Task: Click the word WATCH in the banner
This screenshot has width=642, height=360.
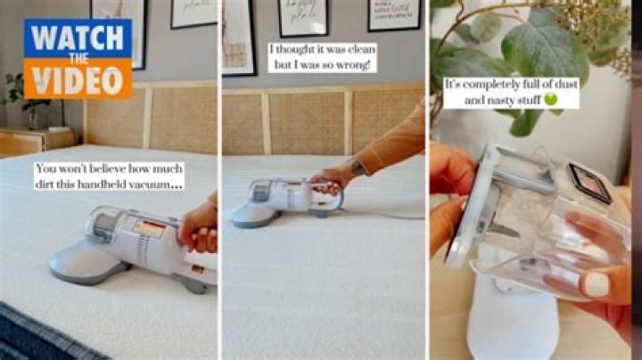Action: (x=78, y=39)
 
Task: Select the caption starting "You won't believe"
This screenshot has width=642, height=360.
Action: (x=110, y=176)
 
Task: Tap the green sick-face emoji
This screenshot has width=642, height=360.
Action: (x=551, y=101)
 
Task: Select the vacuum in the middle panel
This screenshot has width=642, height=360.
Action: (x=285, y=198)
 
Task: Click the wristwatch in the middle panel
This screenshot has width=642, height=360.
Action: (x=358, y=167)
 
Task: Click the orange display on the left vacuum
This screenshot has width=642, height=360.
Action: (x=150, y=228)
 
